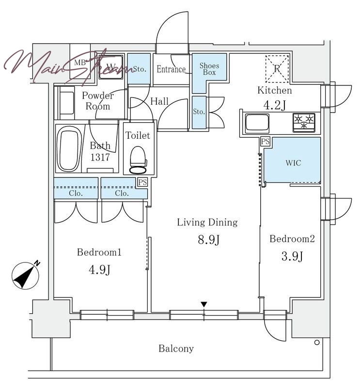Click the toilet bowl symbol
[x=138, y=161]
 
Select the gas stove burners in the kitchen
[x=304, y=122]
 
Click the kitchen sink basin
[x=257, y=123]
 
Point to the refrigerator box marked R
[x=277, y=69]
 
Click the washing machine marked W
[x=111, y=66]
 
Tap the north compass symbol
[x=26, y=275]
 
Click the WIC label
[x=293, y=163]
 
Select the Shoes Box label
[x=209, y=69]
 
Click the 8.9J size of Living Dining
[x=208, y=240]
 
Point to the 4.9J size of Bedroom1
[x=99, y=270]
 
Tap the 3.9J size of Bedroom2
[x=292, y=257]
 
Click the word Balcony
[x=176, y=348]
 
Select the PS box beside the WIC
[x=266, y=142]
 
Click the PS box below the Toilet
[x=142, y=182]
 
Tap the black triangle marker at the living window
[x=203, y=305]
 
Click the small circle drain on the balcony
[x=317, y=343]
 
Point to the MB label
[x=80, y=63]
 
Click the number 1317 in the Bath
[x=100, y=157]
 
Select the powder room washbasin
[x=67, y=103]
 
